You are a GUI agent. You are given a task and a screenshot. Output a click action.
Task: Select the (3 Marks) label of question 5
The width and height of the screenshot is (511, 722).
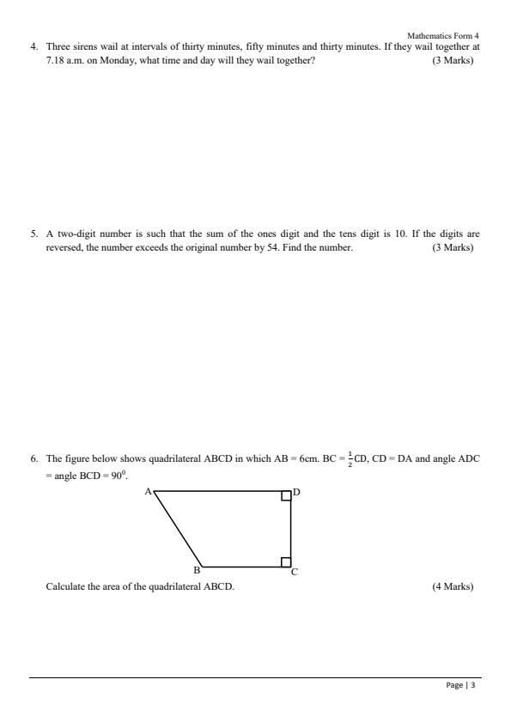point(453,248)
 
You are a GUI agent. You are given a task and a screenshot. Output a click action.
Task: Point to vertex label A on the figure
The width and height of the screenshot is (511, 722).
point(148,491)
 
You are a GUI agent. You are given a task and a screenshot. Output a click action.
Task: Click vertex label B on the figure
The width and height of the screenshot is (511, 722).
point(196,571)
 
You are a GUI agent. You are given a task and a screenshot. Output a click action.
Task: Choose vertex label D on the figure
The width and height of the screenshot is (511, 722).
point(296,492)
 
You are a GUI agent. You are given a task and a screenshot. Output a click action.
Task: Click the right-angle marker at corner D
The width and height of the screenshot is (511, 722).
point(286,496)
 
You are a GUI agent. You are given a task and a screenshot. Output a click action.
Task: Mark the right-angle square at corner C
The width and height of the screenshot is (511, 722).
point(286,562)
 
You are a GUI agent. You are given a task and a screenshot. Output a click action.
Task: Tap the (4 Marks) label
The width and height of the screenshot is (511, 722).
point(453,587)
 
